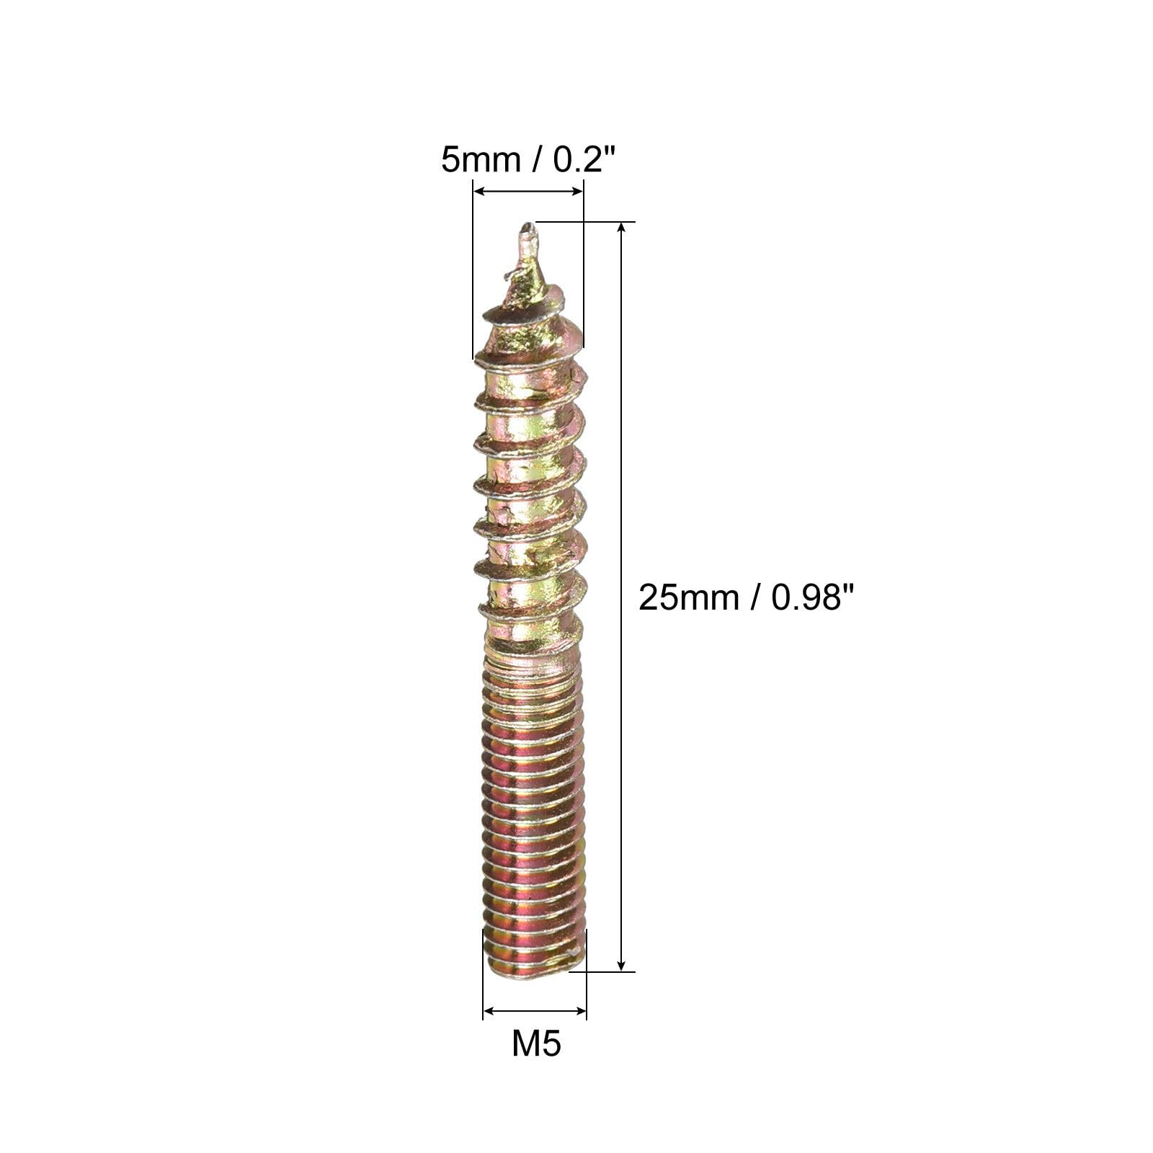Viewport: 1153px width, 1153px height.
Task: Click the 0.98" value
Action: [807, 597]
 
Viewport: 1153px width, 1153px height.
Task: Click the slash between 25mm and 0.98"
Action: [754, 597]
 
